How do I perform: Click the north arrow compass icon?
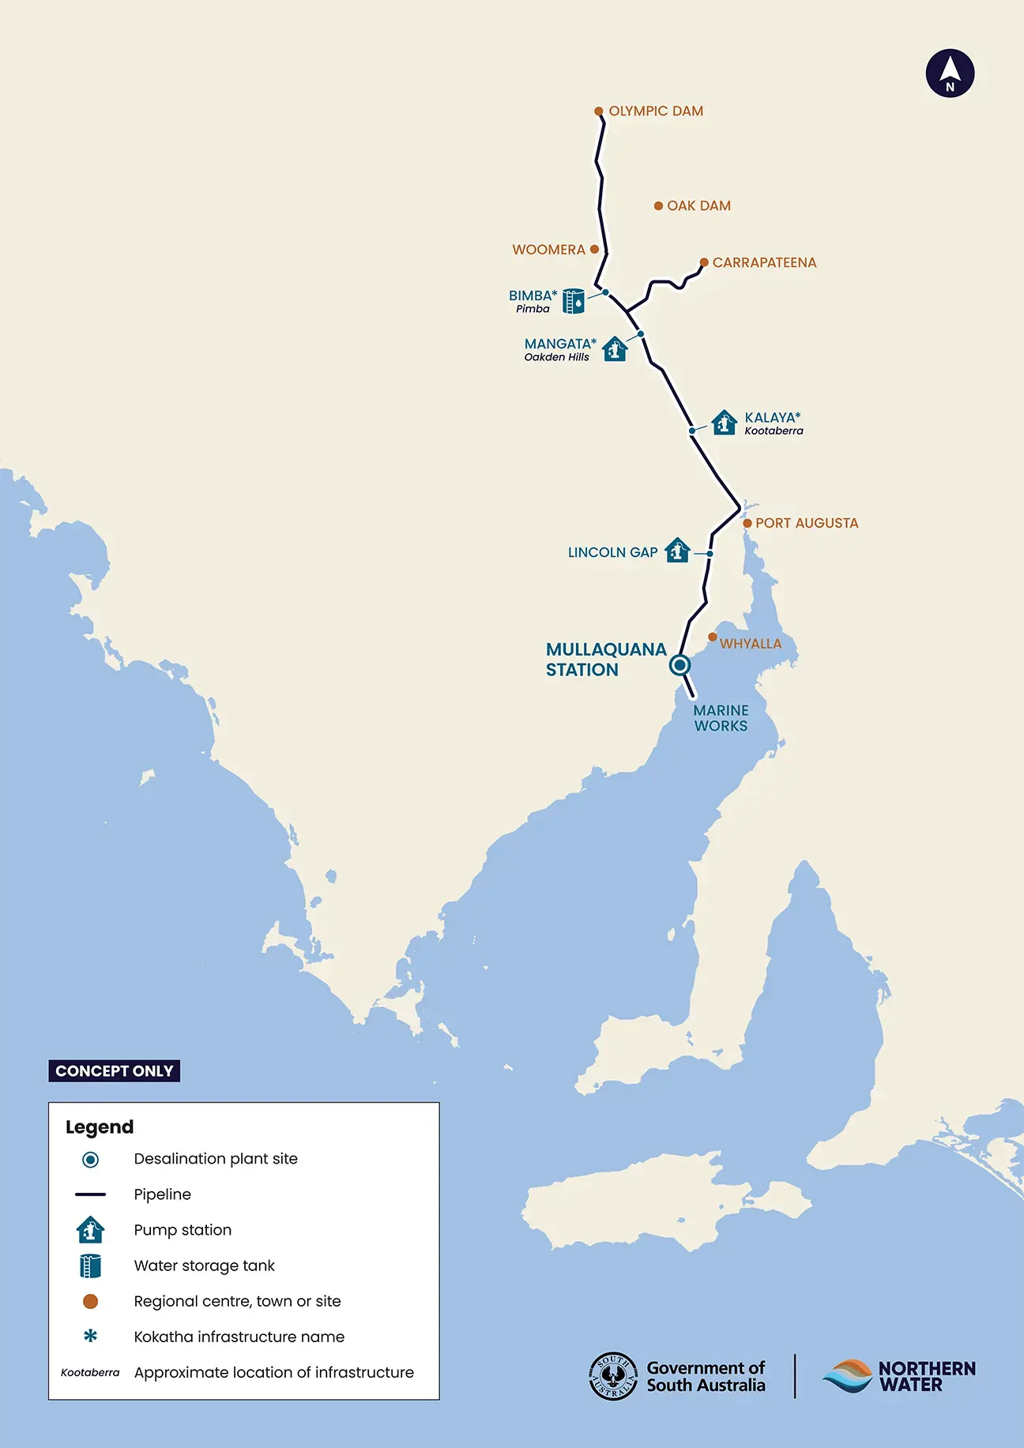(x=950, y=73)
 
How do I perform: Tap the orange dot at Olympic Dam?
(x=599, y=111)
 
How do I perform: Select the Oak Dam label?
(x=698, y=205)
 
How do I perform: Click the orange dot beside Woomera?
(x=594, y=249)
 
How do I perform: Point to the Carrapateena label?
(x=764, y=262)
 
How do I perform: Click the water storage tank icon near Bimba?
(x=574, y=301)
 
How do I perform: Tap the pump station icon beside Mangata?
(x=615, y=348)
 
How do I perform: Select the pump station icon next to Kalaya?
(x=724, y=423)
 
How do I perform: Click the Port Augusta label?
(x=806, y=523)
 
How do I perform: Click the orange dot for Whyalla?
(x=712, y=637)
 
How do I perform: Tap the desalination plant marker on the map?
(x=680, y=665)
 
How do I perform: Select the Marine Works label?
(x=721, y=718)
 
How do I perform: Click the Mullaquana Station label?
(x=605, y=660)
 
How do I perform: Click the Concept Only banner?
(x=115, y=1071)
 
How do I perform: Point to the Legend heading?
(x=100, y=1126)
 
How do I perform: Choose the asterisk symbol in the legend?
(x=90, y=1336)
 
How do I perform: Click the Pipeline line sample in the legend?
(x=90, y=1194)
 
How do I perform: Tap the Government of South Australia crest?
(x=613, y=1376)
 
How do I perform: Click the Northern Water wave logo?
(x=847, y=1376)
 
